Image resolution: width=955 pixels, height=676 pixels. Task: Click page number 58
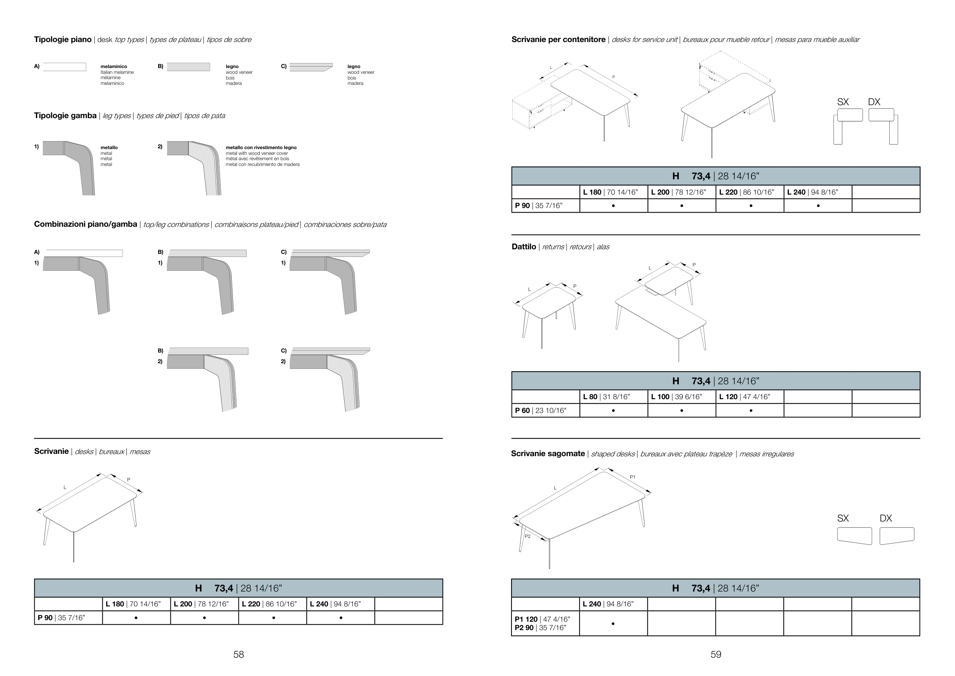[238, 654]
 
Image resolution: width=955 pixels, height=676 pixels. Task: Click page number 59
[715, 654]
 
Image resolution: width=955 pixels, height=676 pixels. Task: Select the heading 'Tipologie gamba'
[65, 116]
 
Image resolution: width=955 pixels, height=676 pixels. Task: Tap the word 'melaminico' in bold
[113, 67]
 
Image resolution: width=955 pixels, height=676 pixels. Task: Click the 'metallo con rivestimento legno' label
[261, 147]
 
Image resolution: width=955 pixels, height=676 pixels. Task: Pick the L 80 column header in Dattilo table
[613, 397]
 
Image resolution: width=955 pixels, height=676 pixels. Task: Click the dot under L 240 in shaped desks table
[613, 624]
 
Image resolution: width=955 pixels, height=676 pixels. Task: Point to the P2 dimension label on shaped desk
[528, 536]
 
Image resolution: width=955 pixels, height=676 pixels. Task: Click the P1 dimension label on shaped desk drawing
[632, 477]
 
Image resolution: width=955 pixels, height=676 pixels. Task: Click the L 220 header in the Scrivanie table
[272, 604]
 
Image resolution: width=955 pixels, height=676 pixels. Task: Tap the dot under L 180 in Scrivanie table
[136, 618]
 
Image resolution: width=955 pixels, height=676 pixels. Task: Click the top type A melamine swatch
[65, 67]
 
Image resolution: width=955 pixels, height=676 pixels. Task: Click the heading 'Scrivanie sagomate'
[547, 454]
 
